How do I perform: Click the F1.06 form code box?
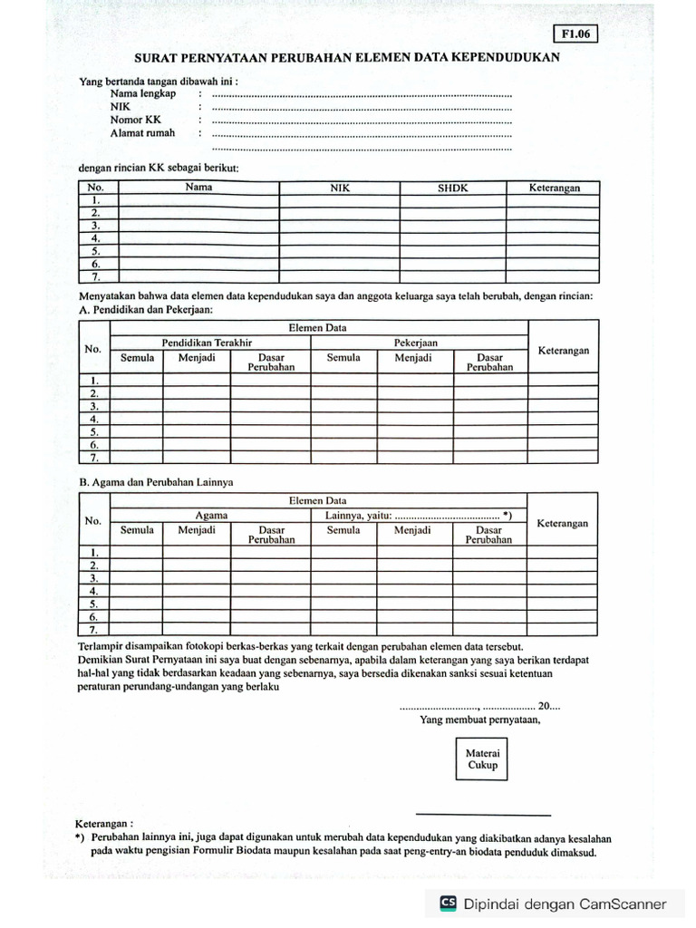point(575,34)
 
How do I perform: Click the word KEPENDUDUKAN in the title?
point(508,56)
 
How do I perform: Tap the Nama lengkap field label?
point(142,93)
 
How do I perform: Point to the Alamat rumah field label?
point(142,132)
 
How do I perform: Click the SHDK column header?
point(452,188)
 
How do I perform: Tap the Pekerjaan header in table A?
point(415,343)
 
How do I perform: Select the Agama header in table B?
point(211,515)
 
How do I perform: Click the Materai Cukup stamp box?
point(482,759)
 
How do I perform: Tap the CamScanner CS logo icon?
point(448,903)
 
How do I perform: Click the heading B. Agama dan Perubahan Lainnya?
point(157,482)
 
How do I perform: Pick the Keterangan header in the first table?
point(555,188)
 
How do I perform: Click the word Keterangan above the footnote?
point(105,824)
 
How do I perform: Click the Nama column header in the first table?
point(198,187)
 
